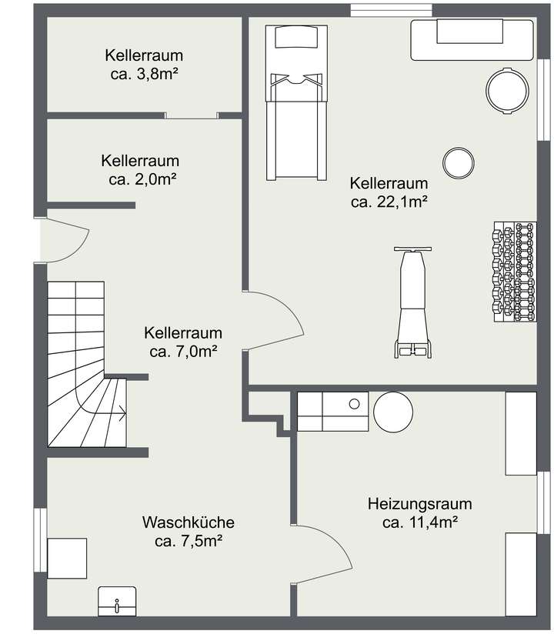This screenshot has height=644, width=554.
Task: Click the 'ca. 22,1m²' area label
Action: pyautogui.click(x=389, y=202)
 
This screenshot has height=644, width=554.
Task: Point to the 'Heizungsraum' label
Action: pyautogui.click(x=420, y=505)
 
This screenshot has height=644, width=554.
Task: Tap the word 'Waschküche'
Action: pyautogui.click(x=189, y=522)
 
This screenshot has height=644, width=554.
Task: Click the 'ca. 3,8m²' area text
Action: pyautogui.click(x=145, y=75)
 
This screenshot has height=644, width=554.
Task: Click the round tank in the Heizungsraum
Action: pyautogui.click(x=394, y=412)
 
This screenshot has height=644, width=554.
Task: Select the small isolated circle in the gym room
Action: pyautogui.click(x=458, y=162)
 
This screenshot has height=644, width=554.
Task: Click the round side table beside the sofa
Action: pyautogui.click(x=507, y=90)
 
